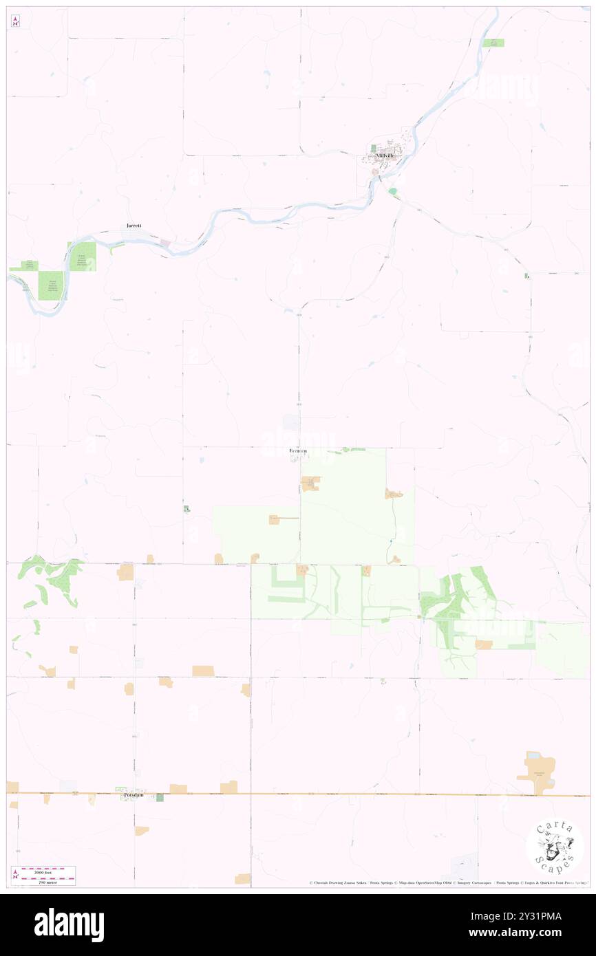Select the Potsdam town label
point(134,794)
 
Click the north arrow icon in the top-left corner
point(15,21)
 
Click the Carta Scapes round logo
point(555,847)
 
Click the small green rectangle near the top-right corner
point(493,43)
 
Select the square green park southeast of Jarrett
point(82,257)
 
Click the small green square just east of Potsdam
point(160,797)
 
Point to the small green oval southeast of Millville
point(392,191)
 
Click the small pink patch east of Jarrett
point(165,243)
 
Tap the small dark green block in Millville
point(374,149)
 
